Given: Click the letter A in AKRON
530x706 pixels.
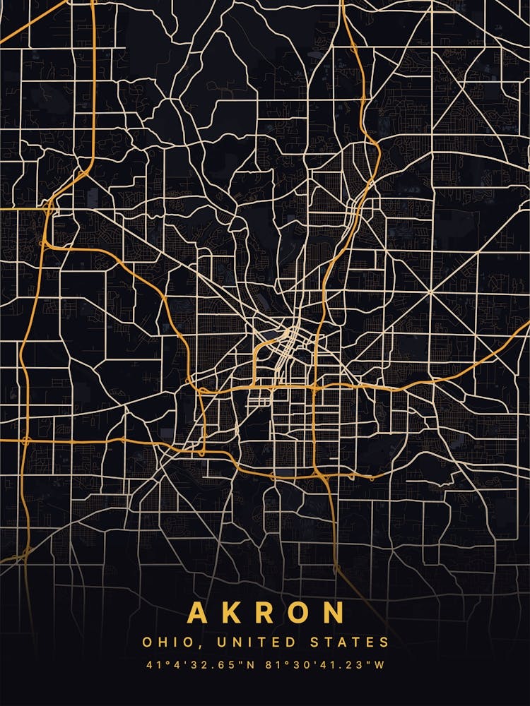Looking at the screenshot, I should (x=199, y=613).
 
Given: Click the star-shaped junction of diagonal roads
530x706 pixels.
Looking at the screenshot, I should (x=429, y=291).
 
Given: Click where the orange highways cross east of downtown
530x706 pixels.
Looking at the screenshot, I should (x=312, y=388).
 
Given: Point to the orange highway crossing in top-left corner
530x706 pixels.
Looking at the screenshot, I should (x=93, y=10).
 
